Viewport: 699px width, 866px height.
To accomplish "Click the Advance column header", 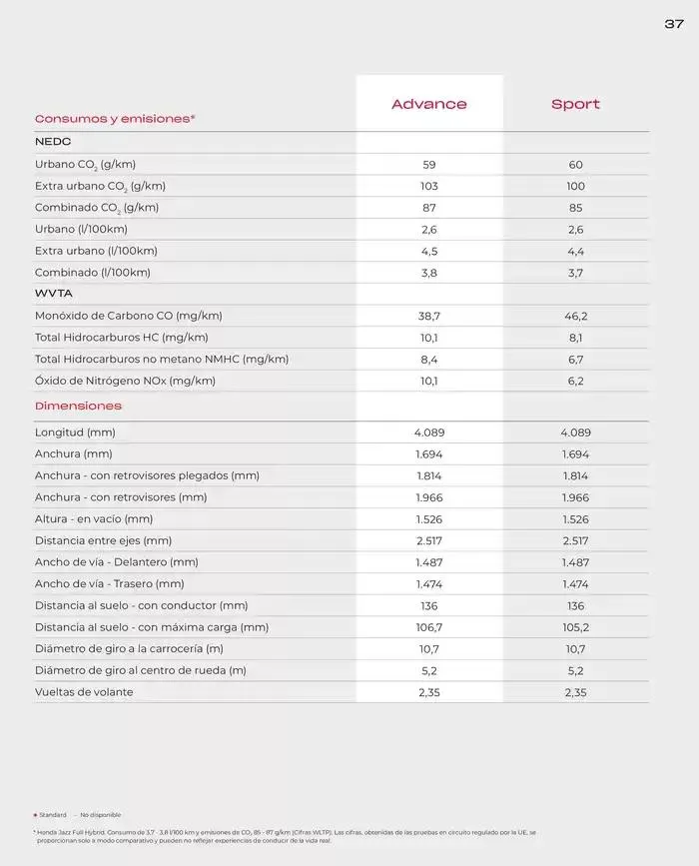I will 428,104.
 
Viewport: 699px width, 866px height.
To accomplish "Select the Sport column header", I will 575,104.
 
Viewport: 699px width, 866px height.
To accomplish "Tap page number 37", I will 673,24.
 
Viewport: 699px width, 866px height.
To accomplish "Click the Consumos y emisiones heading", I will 115,118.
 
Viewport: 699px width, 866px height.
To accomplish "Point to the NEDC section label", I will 53,142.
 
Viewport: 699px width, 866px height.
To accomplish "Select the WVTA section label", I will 54,294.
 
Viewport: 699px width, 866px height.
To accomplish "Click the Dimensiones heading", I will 78,406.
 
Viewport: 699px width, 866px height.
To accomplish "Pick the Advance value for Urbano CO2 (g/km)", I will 429,165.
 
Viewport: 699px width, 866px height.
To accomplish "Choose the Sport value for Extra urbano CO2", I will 575,187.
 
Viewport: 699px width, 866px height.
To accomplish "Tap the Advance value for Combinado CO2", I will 429,208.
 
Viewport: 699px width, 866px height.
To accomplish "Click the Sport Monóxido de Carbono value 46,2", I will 575,316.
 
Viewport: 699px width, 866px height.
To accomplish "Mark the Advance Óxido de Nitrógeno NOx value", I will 429,381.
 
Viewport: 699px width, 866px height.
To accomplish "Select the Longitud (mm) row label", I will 75,433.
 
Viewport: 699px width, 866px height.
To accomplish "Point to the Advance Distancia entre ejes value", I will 429,540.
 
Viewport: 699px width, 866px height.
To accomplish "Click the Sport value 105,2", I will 575,627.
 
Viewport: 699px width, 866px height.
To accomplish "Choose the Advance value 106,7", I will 429,627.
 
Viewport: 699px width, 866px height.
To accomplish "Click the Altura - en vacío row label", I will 94,519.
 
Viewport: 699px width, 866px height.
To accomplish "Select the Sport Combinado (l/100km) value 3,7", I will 575,273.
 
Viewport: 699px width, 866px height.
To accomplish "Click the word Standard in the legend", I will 53,815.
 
